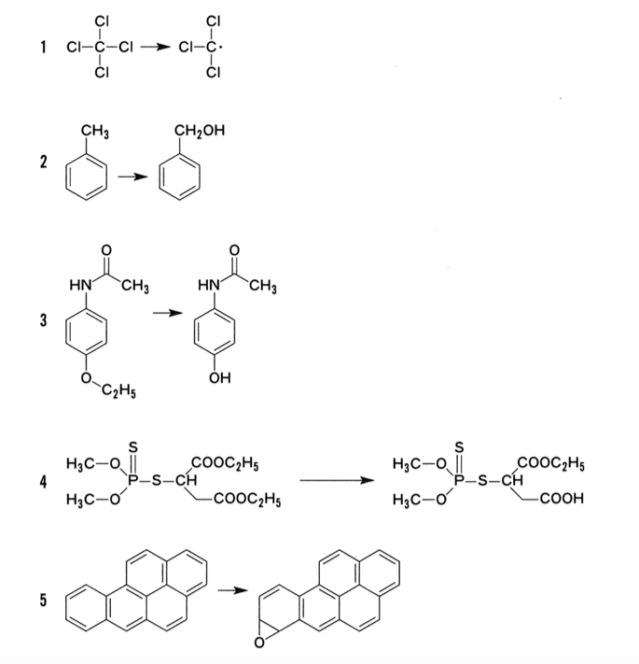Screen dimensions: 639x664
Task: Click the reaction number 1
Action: pos(43,47)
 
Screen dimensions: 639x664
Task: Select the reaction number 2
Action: pos(43,162)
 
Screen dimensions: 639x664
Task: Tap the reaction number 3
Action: pos(43,320)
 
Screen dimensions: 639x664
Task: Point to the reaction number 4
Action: pos(43,482)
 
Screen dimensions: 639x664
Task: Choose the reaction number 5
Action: pos(43,600)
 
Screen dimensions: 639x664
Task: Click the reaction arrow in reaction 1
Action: pos(155,47)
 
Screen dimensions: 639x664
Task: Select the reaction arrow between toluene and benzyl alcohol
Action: pos(132,177)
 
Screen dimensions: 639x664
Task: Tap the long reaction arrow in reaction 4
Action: pos(337,480)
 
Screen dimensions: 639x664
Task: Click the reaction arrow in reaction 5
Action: pos(233,590)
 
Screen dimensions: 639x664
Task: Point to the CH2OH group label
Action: pos(200,131)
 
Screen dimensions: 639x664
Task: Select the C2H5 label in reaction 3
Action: pos(118,391)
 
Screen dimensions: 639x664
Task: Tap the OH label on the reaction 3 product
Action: pos(220,377)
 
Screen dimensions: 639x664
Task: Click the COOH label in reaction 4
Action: pos(562,499)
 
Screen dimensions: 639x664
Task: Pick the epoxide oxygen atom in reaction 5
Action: pos(259,643)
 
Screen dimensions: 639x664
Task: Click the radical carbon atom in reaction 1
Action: pos(213,47)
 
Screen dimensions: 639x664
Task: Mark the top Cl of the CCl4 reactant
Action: pos(102,21)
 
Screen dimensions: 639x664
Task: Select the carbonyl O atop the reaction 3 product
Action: pos(234,250)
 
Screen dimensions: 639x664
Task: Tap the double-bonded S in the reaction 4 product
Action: pos(459,447)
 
